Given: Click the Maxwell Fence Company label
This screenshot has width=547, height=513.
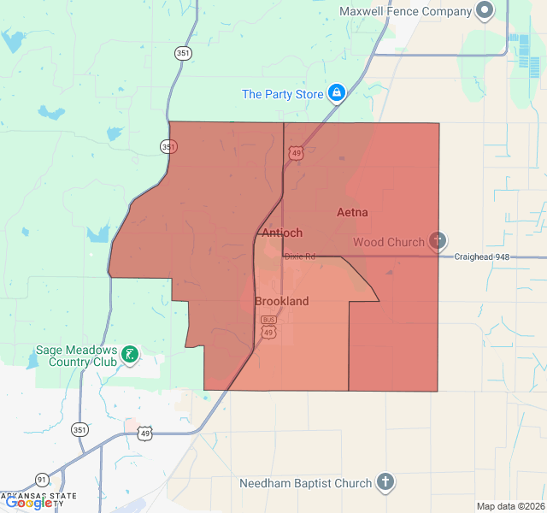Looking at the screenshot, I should coord(405,11).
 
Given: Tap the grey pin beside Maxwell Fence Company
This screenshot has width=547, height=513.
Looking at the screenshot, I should coord(485,11).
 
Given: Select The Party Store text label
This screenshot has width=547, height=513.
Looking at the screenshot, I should coord(282,94).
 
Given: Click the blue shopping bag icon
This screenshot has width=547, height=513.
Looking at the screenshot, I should coord(337,93).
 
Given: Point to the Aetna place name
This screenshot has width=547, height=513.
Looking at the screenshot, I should coord(352,212).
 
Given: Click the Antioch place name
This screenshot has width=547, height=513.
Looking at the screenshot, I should coord(282,233).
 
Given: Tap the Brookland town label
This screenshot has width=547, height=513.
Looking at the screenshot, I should coord(281,302).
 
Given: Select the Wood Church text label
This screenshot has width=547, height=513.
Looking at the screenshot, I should coord(388,242).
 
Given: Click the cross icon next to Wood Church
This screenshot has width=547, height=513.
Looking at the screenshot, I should coord(438,242).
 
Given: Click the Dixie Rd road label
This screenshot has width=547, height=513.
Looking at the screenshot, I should coord(300,256).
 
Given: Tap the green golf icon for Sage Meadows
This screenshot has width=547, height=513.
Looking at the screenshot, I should coord(129,354).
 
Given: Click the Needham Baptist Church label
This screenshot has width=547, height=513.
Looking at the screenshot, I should coord(306,483).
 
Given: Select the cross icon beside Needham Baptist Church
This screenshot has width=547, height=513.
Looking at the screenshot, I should coord(385,482).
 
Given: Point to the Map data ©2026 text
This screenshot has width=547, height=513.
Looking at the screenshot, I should coord(509,506).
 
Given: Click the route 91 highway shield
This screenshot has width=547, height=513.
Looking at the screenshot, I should coord(42,479).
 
